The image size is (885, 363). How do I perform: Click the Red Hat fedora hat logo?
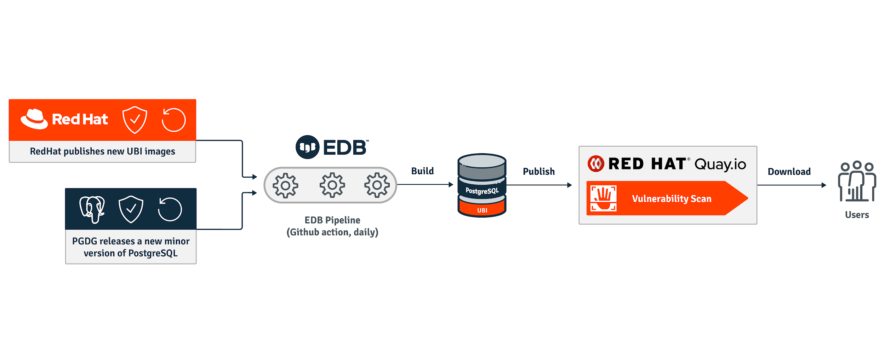[x=34, y=119]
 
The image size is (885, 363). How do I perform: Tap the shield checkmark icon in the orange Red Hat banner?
[x=135, y=120]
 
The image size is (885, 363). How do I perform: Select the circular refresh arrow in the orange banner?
[x=173, y=120]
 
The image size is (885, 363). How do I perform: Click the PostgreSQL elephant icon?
[x=92, y=209]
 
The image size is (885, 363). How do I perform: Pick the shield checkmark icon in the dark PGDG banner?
[x=131, y=209]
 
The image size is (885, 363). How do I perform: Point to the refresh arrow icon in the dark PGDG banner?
[x=170, y=209]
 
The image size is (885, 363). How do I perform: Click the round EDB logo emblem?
[x=307, y=147]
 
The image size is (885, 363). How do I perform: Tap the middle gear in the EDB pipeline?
[x=332, y=185]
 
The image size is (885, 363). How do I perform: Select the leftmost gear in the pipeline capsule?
[x=285, y=185]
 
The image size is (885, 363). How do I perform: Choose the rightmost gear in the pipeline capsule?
[x=377, y=185]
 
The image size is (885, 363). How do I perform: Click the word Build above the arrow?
[x=422, y=171]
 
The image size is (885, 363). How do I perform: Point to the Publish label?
[x=539, y=172]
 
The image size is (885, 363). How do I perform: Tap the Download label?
[x=789, y=172]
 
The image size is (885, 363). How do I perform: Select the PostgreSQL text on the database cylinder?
[x=482, y=191]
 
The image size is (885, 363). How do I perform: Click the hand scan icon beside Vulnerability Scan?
[x=604, y=198]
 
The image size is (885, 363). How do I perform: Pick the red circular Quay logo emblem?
[x=596, y=164]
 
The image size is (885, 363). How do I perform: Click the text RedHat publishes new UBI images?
[x=102, y=151]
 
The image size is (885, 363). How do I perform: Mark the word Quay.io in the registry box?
[x=720, y=164]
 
